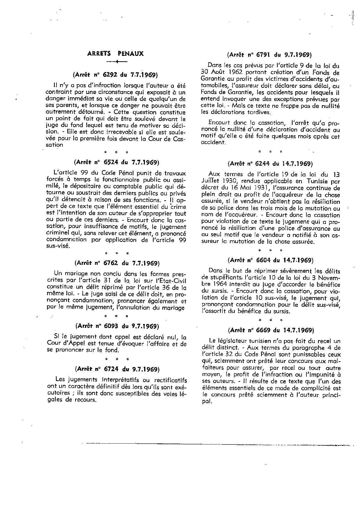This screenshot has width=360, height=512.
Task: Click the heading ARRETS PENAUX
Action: click(116, 54)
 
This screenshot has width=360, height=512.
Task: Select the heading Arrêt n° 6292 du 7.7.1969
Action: click(116, 75)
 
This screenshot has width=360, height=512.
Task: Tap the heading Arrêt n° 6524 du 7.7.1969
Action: click(116, 162)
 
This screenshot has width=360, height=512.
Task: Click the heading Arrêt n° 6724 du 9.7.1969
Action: click(117, 369)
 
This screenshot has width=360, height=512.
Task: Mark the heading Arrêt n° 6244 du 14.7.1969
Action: click(270, 164)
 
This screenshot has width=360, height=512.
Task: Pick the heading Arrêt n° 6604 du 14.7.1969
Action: click(270, 260)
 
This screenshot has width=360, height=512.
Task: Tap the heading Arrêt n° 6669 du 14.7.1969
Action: click(271, 330)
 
